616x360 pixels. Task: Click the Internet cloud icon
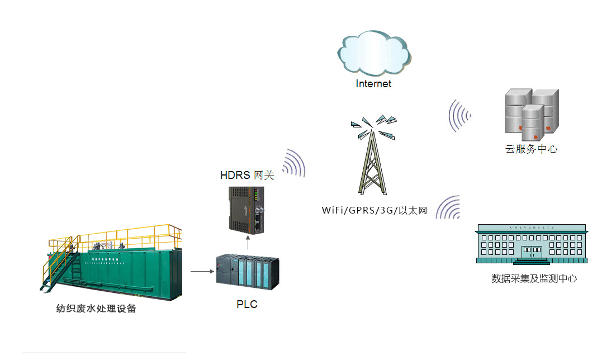coord(374,54)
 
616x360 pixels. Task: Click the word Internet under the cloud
coord(374,84)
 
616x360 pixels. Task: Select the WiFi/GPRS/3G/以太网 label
coord(374,211)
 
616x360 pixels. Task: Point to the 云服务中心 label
coord(531,149)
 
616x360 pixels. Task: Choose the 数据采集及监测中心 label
coord(534,278)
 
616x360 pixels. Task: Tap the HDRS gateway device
coord(247,209)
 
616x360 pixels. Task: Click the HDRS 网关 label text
coord(247,176)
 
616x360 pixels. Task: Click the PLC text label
coord(247,305)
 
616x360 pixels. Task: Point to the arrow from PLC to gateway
coord(247,244)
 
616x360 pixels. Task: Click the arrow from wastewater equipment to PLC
coord(202,272)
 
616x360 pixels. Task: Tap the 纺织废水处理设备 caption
coord(96,308)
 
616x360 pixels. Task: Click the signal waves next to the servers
coord(459,115)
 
